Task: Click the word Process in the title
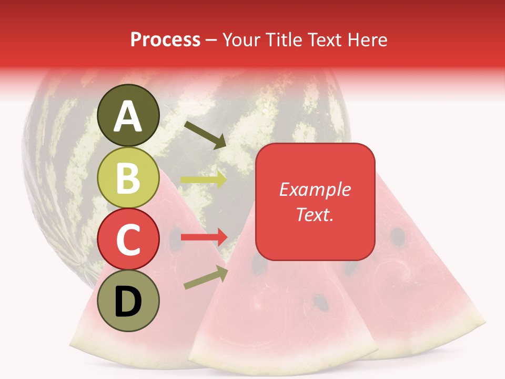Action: click(165, 40)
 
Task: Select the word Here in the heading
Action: click(366, 40)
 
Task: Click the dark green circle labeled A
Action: click(128, 115)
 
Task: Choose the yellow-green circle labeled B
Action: click(128, 178)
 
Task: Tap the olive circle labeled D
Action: click(128, 301)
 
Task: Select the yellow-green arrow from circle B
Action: click(204, 179)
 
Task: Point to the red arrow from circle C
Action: click(204, 237)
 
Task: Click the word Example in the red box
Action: click(315, 189)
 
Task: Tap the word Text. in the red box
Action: click(315, 214)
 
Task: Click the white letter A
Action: click(128, 116)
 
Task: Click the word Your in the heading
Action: click(239, 40)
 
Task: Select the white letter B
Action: click(128, 178)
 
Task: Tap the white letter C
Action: click(128, 240)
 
